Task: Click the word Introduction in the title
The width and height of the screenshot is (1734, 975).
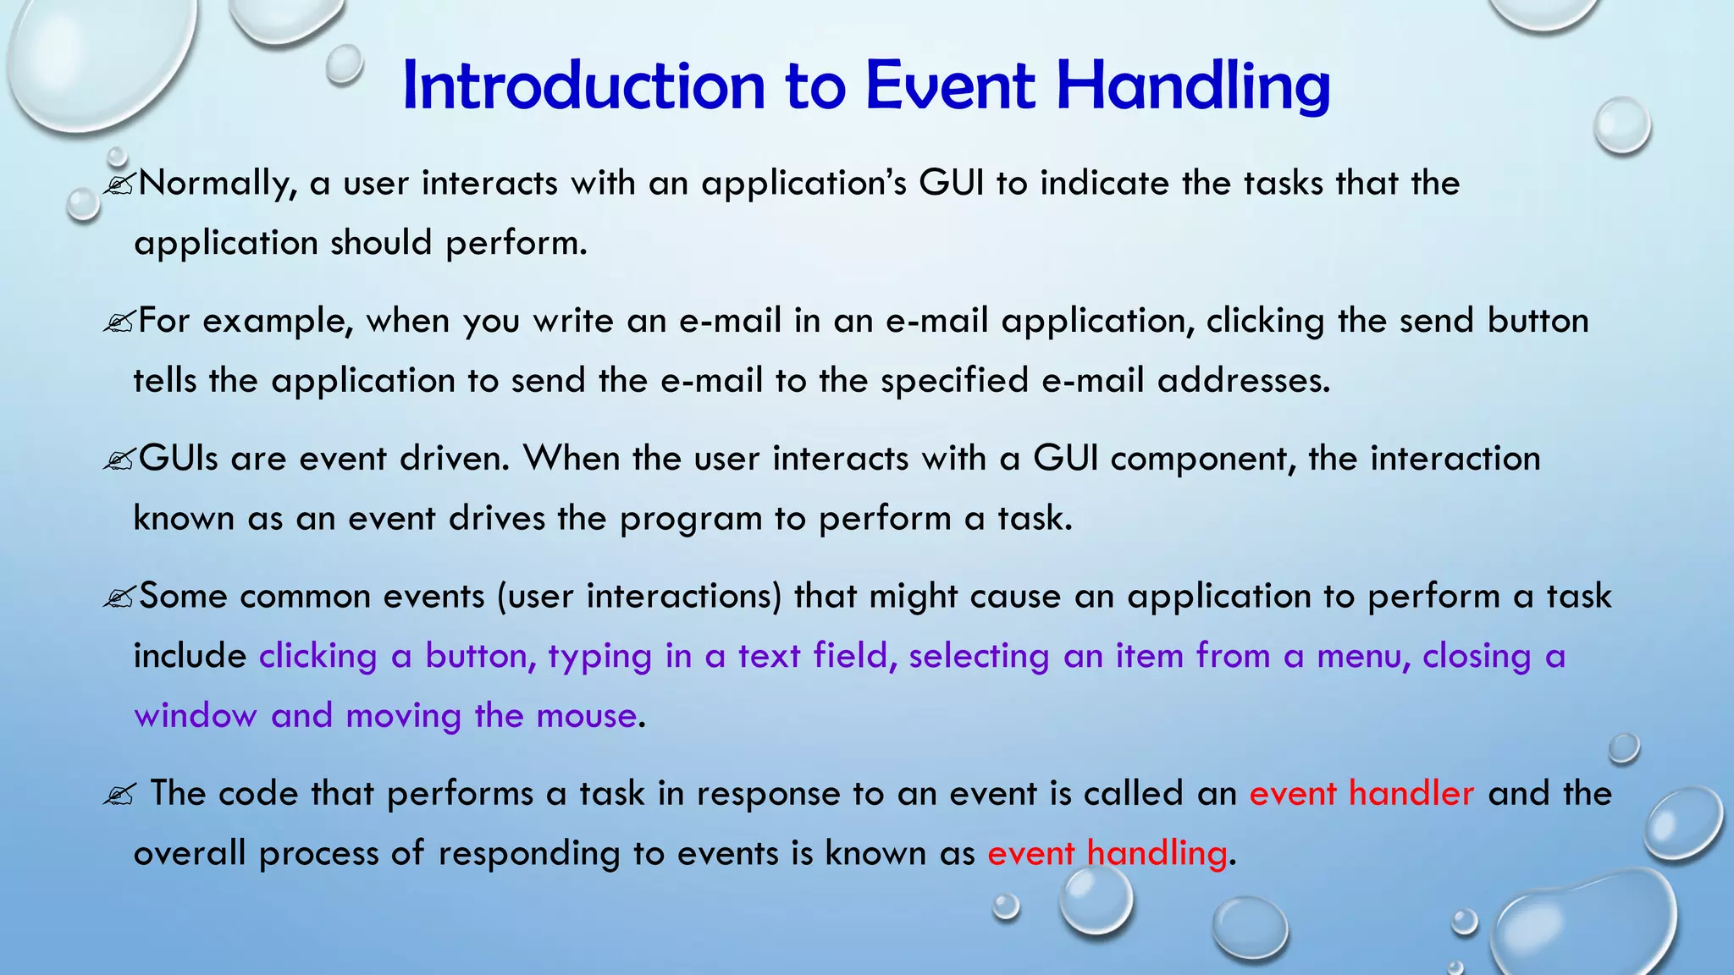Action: tap(583, 86)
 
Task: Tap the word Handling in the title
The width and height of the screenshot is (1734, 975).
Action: tap(1193, 86)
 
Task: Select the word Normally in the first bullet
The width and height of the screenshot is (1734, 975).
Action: tap(217, 184)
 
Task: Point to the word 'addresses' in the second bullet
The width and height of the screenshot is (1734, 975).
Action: tap(1242, 380)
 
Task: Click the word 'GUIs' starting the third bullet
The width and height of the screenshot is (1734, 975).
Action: tap(178, 459)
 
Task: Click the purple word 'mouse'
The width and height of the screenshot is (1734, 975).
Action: tap(586, 716)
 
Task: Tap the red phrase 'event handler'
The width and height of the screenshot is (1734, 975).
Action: tap(1361, 794)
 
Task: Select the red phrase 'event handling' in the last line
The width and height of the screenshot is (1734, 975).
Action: tap(1107, 853)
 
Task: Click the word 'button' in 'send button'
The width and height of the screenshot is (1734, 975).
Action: tap(1538, 322)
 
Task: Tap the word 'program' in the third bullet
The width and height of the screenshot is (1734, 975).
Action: tap(690, 519)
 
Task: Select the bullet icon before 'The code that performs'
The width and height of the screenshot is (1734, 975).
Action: tap(118, 796)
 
